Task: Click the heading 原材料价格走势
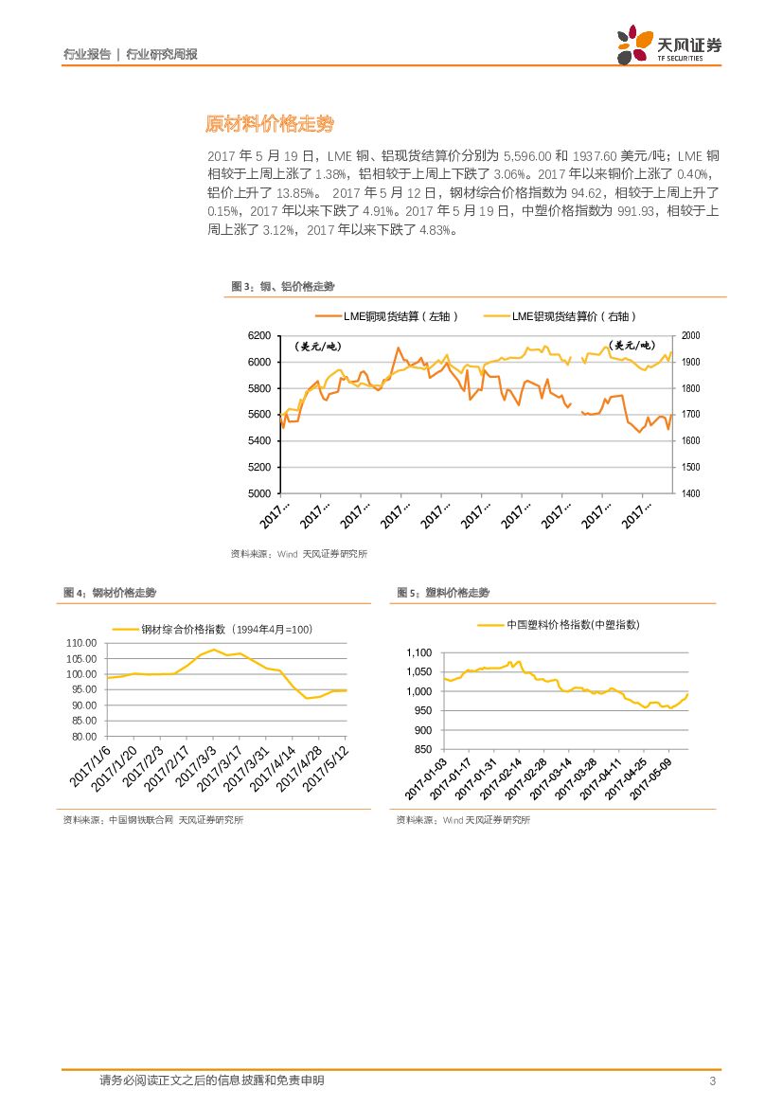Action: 270,124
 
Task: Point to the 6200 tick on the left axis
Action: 258,336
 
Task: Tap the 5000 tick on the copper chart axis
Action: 258,493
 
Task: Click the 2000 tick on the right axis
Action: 689,336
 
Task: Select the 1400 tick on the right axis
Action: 689,493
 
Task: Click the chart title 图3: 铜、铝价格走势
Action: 283,286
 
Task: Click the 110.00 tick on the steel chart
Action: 83,643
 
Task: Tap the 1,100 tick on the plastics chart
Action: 418,652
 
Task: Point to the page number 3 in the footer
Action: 711,1080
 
